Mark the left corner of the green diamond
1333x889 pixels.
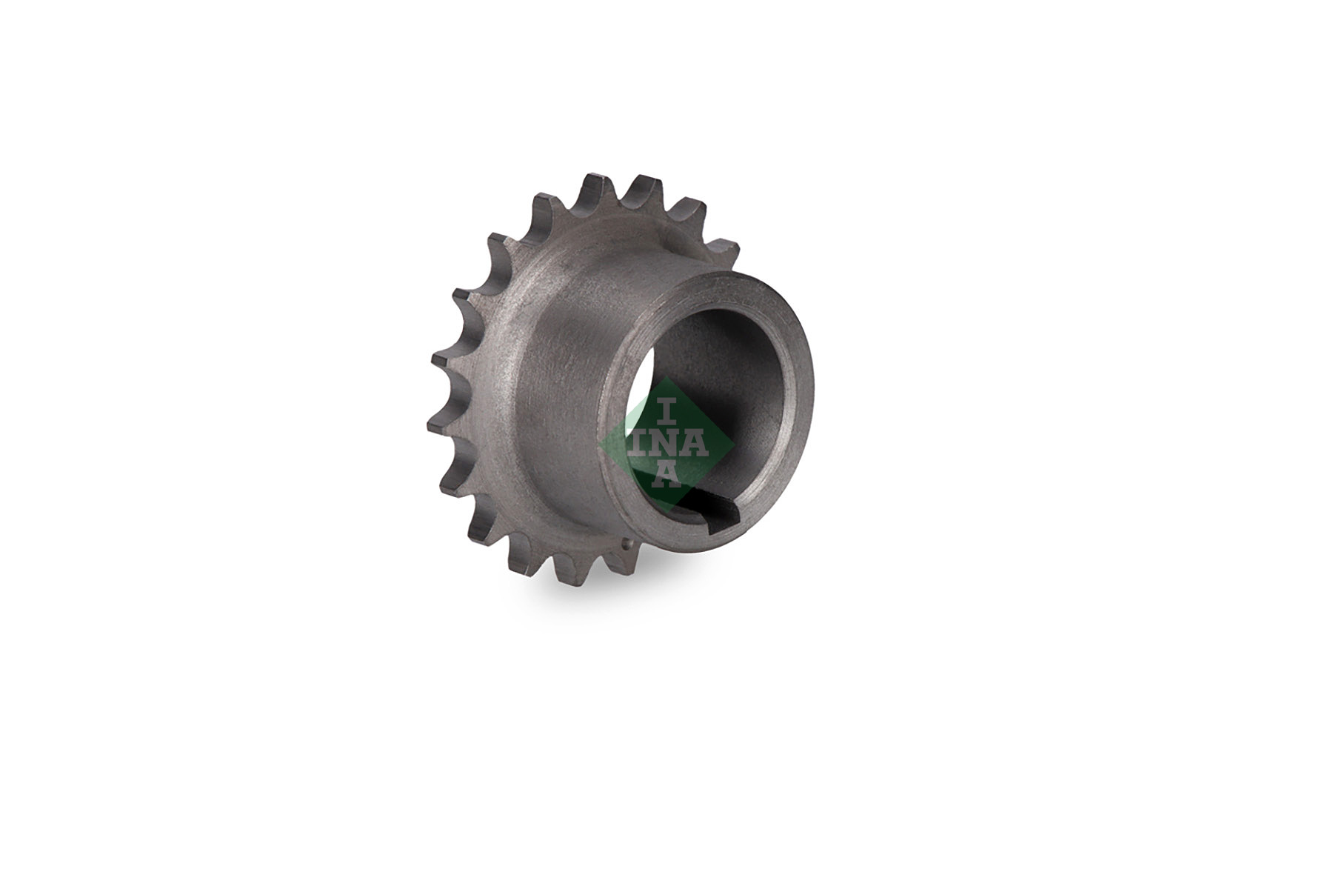[598, 444]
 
